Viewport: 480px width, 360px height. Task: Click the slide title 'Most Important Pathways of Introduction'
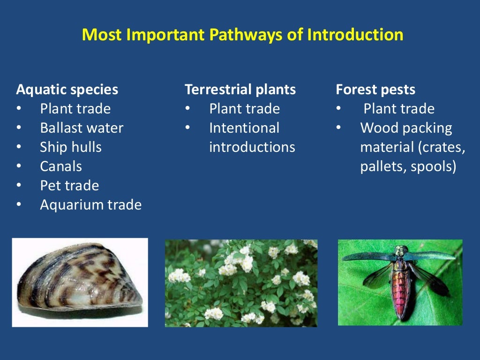pos(242,35)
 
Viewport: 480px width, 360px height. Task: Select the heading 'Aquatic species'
pos(67,90)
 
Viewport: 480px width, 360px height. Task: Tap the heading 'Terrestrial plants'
pos(240,90)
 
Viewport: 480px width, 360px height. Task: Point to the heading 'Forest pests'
pos(375,90)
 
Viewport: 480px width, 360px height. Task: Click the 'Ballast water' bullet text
pos(82,128)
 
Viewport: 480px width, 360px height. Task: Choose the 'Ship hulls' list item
pos(71,147)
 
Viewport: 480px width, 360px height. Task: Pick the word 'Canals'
pos(61,166)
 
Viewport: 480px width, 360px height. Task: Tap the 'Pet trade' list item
pos(69,186)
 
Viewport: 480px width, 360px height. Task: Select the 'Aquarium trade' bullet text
pos(90,205)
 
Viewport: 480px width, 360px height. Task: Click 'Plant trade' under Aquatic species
pos(75,109)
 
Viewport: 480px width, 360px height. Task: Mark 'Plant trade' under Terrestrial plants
pos(244,109)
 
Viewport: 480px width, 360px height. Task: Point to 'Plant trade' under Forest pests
pos(399,109)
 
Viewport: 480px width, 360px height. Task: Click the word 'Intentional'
pos(244,128)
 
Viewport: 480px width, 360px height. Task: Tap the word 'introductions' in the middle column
pos(252,147)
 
